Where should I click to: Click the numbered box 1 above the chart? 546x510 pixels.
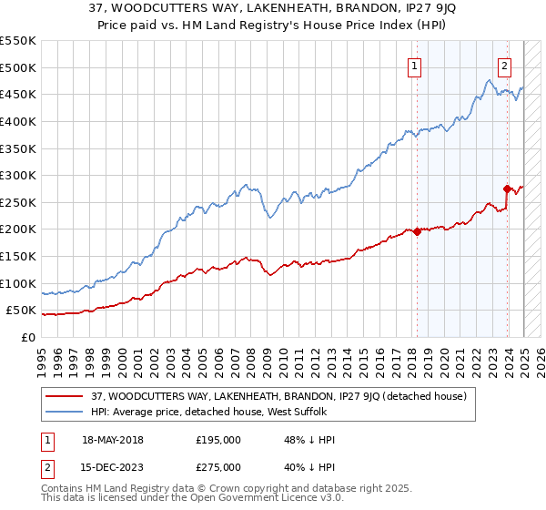pos(414,65)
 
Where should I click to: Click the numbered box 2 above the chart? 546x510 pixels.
pos(504,65)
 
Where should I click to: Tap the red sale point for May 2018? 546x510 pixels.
pos(417,231)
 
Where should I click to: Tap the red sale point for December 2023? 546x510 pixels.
pos(507,189)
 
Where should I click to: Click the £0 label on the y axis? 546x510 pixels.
pos(27,337)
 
